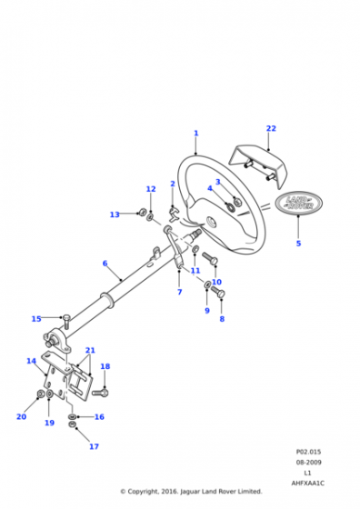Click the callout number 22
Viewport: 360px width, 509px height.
click(271, 128)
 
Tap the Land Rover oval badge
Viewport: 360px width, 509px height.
click(299, 204)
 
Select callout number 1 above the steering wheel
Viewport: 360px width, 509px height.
click(196, 133)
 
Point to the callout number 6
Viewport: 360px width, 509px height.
click(105, 264)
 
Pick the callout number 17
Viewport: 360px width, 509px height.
click(95, 446)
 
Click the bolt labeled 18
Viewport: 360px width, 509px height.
click(100, 393)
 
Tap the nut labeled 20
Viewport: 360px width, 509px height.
click(41, 394)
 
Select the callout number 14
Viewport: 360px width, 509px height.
click(31, 361)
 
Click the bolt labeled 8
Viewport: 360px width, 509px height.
click(218, 291)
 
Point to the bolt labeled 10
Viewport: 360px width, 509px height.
click(210, 258)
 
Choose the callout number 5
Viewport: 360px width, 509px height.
click(299, 244)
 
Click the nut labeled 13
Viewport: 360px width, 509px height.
click(142, 213)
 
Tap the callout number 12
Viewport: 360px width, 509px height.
click(151, 189)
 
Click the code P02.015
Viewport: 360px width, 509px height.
click(308, 452)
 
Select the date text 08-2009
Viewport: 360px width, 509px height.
click(308, 463)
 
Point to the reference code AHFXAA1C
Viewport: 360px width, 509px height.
click(308, 484)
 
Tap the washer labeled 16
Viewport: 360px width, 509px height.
click(73, 416)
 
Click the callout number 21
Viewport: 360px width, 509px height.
click(90, 351)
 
